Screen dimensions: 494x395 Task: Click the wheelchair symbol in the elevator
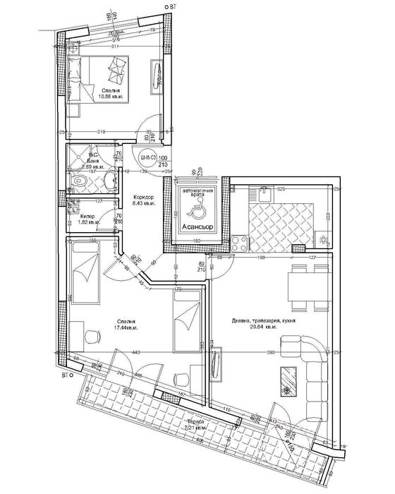click(x=194, y=208)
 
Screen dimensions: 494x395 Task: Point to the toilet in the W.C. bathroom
click(x=80, y=183)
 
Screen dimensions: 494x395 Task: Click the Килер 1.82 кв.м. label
click(x=89, y=219)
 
